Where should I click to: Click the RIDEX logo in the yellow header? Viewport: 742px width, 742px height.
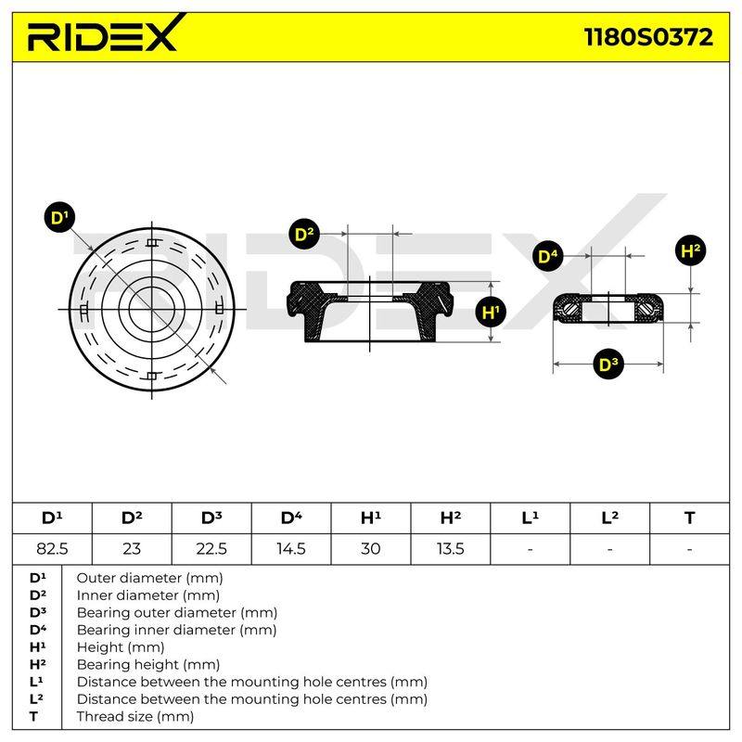[x=104, y=33]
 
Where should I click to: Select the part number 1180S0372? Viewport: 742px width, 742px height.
[x=648, y=37]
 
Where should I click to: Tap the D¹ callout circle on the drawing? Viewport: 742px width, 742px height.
[x=59, y=217]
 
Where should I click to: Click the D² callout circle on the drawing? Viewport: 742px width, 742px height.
[x=304, y=235]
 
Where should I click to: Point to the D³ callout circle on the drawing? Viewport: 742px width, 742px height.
[x=608, y=365]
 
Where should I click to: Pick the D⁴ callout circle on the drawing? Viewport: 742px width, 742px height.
[x=548, y=257]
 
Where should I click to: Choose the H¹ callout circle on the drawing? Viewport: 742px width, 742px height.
[x=491, y=312]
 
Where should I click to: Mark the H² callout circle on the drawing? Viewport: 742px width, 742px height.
[x=690, y=250]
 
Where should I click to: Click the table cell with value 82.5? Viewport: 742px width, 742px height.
[x=52, y=549]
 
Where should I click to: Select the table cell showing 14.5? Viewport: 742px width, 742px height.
[x=291, y=549]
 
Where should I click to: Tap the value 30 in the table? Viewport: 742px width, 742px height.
[x=370, y=549]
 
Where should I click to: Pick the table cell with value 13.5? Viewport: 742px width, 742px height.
[x=451, y=549]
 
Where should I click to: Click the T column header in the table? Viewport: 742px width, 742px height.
[x=689, y=518]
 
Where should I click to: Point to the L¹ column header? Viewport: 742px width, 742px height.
[x=530, y=518]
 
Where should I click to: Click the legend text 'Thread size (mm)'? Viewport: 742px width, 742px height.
[x=135, y=716]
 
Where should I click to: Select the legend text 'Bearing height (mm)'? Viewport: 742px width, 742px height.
[x=148, y=664]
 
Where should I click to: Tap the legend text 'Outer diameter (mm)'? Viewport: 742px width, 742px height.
[x=149, y=578]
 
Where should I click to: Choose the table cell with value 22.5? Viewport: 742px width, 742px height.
[x=211, y=549]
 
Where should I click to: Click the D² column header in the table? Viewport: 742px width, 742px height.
[x=132, y=518]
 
